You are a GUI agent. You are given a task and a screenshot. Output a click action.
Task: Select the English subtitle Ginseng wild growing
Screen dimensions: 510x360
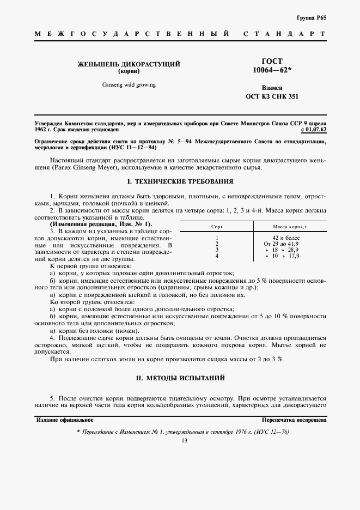click(x=129, y=85)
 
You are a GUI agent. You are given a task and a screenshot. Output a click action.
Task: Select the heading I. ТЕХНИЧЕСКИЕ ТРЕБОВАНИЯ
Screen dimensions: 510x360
click(x=180, y=181)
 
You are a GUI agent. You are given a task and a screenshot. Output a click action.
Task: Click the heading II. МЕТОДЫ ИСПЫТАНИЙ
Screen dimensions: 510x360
click(x=180, y=377)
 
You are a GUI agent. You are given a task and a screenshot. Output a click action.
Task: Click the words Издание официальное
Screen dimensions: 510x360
click(x=64, y=420)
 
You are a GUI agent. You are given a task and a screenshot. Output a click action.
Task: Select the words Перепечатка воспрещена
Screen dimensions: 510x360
click(x=294, y=420)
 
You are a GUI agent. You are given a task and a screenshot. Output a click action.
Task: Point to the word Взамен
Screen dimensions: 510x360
click(x=272, y=87)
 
